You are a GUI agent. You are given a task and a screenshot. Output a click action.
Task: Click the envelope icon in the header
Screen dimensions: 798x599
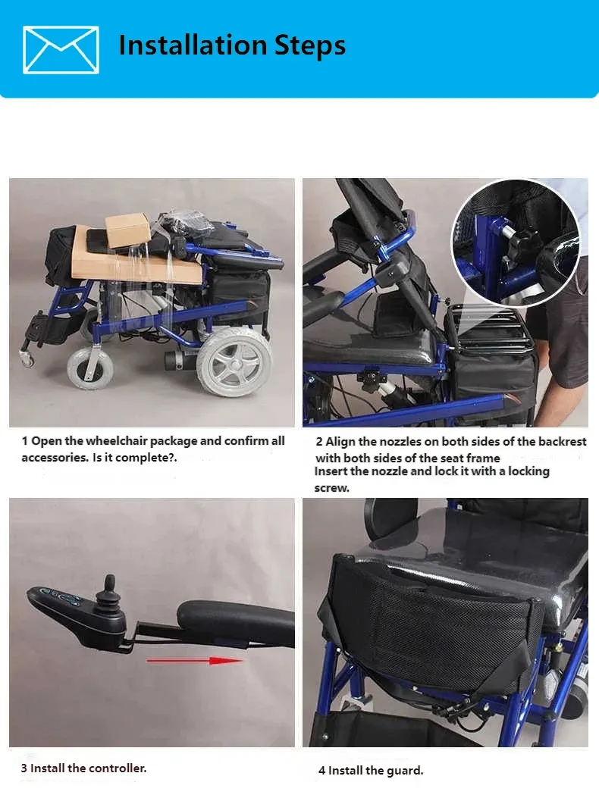tap(61, 49)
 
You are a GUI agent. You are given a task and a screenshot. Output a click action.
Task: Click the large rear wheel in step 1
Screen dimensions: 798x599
tap(234, 361)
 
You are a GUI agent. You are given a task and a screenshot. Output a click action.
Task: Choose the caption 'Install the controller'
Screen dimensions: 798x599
tap(83, 768)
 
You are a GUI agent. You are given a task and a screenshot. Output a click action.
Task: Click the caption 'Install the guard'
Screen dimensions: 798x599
tap(371, 771)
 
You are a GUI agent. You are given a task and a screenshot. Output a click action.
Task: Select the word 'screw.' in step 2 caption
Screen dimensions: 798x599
tap(332, 488)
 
